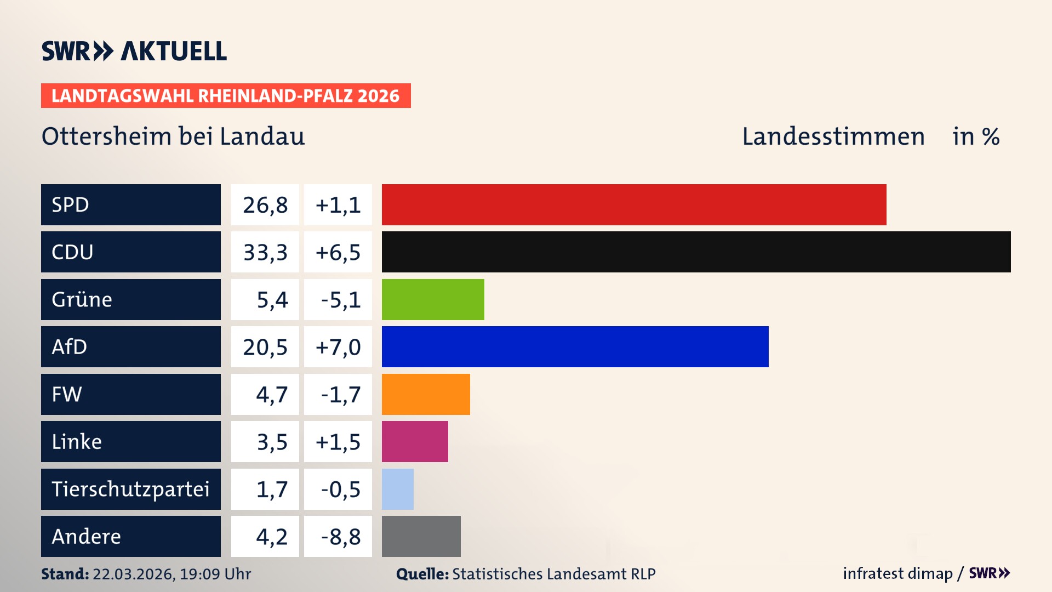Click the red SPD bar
[633, 204]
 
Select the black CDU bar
[696, 252]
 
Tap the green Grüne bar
[433, 299]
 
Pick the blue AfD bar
[575, 346]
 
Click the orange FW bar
[426, 394]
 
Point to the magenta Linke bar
[415, 441]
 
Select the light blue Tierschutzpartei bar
[398, 489]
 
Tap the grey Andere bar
[421, 536]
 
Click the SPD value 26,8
[265, 205]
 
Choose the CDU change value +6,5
[338, 252]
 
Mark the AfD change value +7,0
[338, 347]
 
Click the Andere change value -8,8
[340, 537]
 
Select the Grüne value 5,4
[272, 300]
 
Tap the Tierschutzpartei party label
[130, 489]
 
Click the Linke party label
[77, 441]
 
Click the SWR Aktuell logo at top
[134, 51]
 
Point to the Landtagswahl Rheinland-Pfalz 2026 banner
[225, 96]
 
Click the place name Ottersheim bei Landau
[173, 136]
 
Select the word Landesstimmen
[833, 136]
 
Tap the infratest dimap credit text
[897, 573]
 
